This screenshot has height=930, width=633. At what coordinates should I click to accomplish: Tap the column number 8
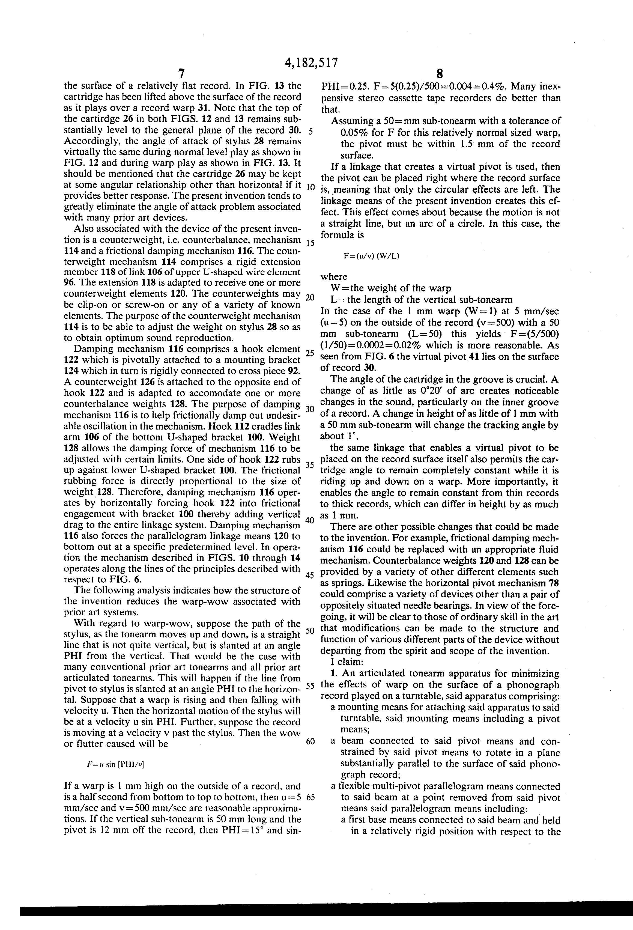point(440,74)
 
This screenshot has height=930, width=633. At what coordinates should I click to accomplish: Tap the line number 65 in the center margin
point(310,797)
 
